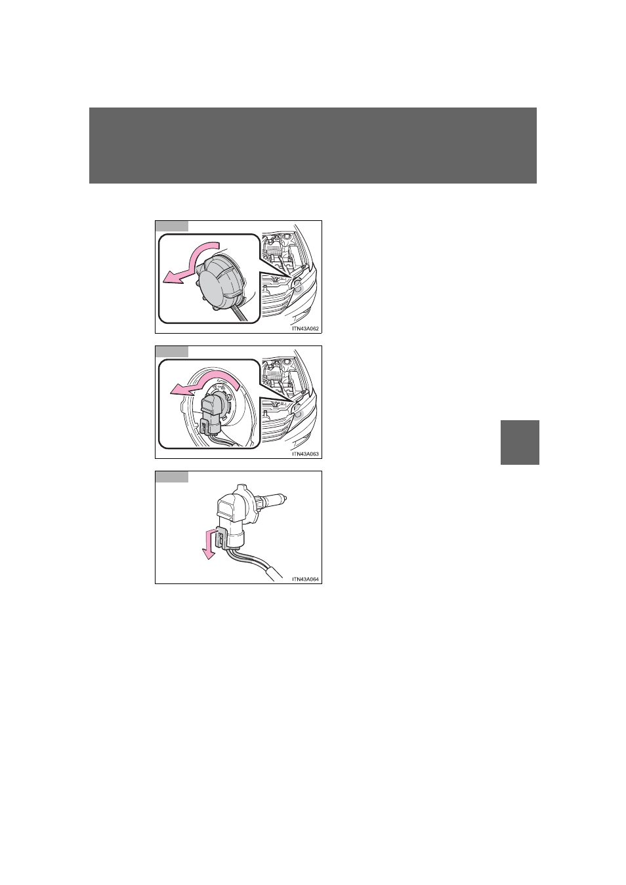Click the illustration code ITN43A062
tap(305, 328)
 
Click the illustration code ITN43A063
tap(305, 454)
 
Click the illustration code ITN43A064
tap(305, 580)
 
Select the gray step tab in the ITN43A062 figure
tap(172, 226)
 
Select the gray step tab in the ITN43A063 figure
tap(172, 351)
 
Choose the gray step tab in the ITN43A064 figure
tap(172, 477)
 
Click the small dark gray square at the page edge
tap(520, 442)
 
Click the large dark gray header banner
tap(313, 146)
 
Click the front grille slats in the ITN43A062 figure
tap(277, 304)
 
